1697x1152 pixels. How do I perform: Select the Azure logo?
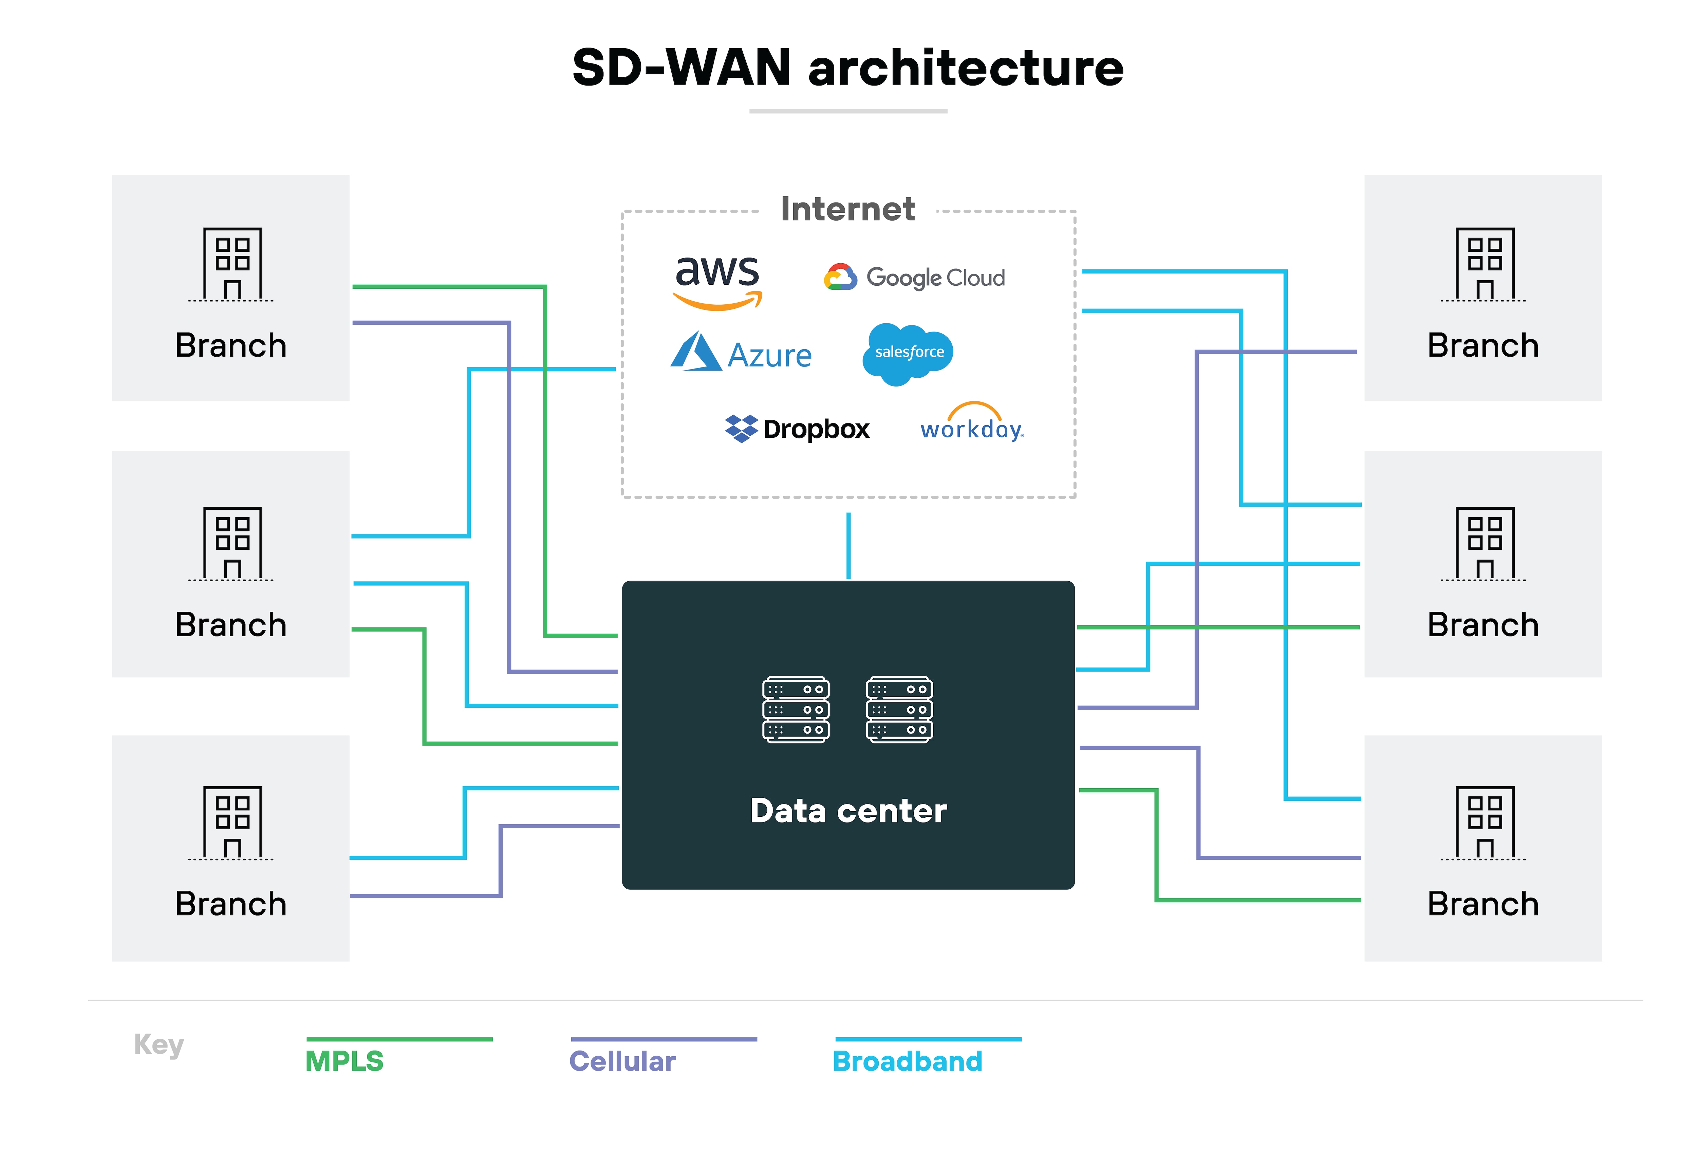(x=741, y=353)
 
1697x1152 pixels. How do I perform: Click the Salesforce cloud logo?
(x=908, y=353)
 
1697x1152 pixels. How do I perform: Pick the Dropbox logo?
(x=797, y=429)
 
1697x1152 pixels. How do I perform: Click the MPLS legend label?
(x=344, y=1061)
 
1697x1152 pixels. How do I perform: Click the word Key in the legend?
(x=158, y=1045)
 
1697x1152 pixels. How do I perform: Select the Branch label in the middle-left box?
(x=231, y=625)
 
